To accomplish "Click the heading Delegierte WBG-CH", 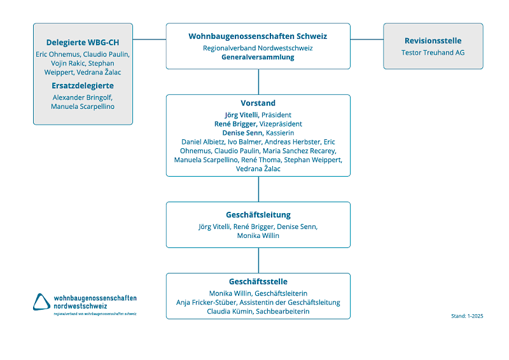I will click(83, 43).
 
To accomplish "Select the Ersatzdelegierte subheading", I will click(83, 85).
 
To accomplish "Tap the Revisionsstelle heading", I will click(433, 41).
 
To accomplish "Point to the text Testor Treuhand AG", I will click(433, 52).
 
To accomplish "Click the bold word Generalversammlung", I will click(258, 57).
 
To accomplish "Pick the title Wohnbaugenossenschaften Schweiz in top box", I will click(258, 36).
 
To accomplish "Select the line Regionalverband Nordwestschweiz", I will click(258, 48).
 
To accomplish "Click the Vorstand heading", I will click(258, 103).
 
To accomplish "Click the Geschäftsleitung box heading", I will click(258, 215).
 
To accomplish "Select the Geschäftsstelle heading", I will click(258, 281).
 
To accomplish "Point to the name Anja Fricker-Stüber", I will click(206, 302).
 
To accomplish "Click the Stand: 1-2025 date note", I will click(466, 315).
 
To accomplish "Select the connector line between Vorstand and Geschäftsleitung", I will click(258, 189).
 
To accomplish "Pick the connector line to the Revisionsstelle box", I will click(366, 39).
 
